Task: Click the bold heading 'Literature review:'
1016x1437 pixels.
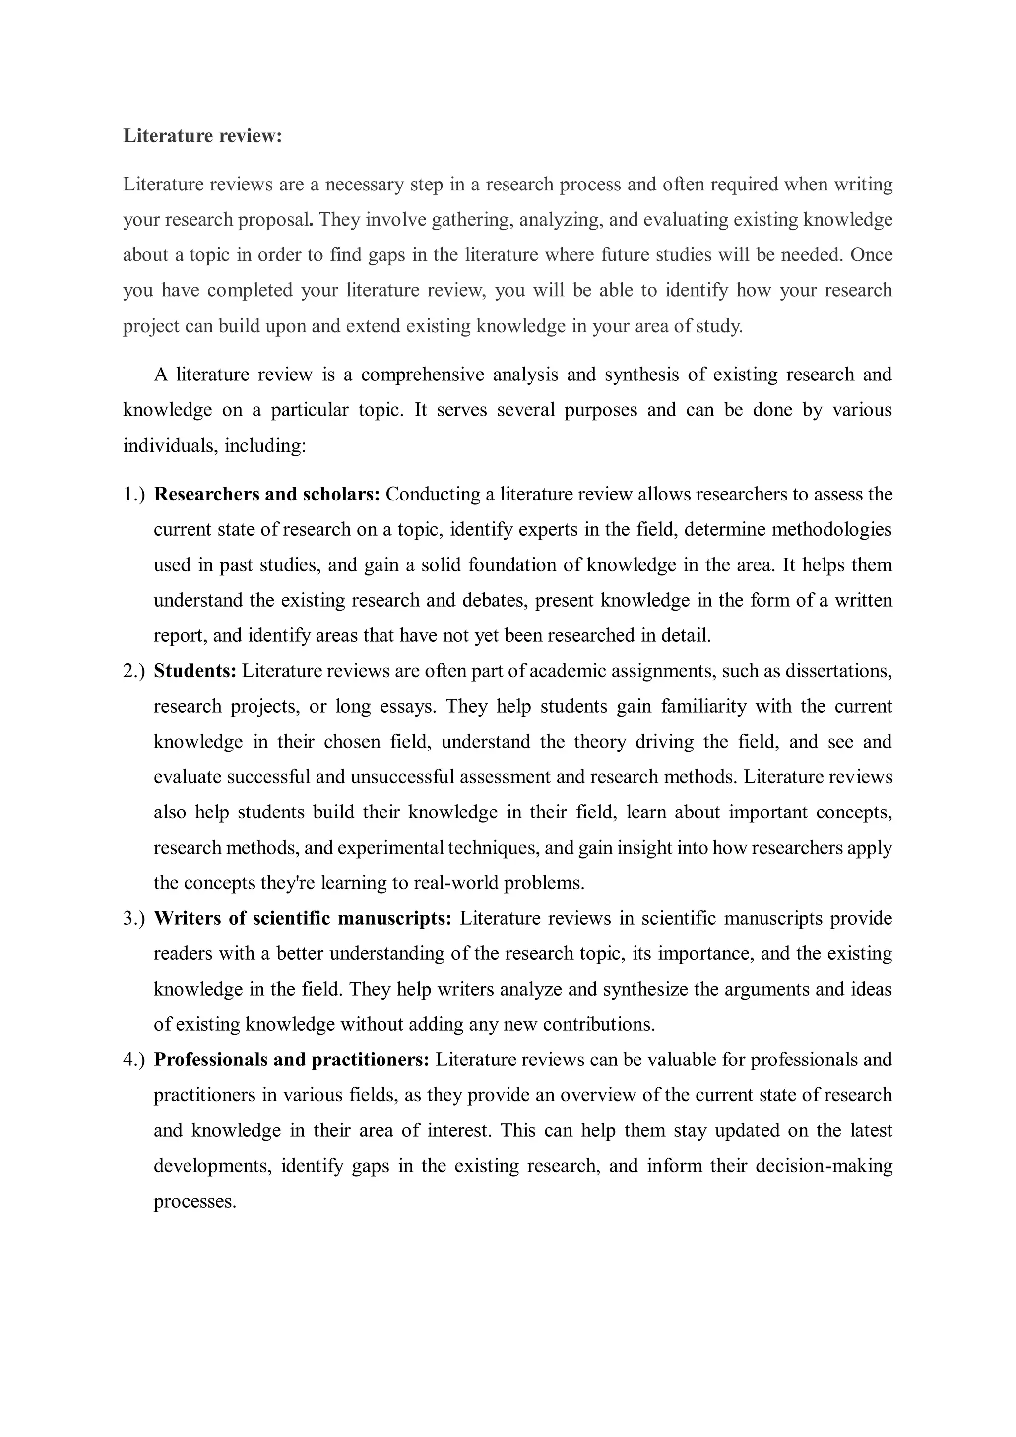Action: click(202, 136)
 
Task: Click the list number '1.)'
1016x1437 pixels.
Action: click(133, 495)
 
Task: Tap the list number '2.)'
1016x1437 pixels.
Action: click(133, 671)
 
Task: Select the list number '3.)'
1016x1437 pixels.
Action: click(133, 918)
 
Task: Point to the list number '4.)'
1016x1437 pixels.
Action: click(133, 1060)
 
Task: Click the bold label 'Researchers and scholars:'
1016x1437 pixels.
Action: click(267, 495)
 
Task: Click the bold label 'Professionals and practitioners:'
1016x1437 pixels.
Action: click(292, 1060)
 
